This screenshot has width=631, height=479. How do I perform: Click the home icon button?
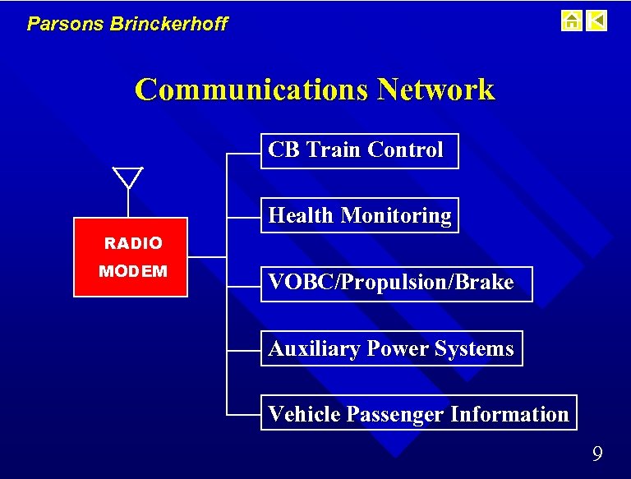[571, 21]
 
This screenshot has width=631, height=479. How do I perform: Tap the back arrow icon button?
[597, 21]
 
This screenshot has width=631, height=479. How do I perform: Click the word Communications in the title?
[251, 90]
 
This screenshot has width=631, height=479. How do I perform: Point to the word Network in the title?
[435, 90]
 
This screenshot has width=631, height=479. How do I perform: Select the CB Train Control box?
[359, 150]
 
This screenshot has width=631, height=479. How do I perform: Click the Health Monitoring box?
[359, 215]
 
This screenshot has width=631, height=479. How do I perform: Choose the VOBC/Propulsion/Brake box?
[396, 283]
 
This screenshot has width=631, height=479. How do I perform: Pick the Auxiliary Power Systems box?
[391, 348]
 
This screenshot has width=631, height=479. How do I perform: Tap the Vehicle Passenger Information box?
[418, 413]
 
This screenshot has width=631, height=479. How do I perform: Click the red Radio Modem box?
[131, 257]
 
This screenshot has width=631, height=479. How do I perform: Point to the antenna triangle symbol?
[128, 176]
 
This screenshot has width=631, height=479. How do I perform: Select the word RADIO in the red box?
[133, 243]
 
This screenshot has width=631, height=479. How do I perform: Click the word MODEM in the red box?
[133, 271]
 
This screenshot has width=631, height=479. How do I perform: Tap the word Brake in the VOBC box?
[486, 283]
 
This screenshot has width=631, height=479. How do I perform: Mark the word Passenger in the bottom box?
[395, 414]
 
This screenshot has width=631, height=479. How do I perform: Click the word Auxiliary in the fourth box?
[315, 349]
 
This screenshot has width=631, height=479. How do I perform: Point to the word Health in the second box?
[302, 216]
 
